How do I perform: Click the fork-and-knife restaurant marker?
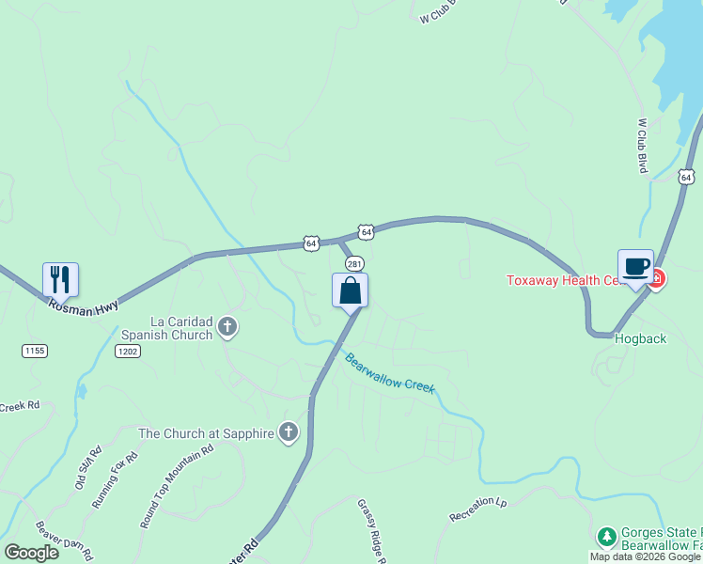[60, 279]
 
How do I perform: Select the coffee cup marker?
[635, 266]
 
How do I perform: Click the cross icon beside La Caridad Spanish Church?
[227, 327]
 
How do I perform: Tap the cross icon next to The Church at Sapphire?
[288, 432]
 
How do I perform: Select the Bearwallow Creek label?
[389, 373]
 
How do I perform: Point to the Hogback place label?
[640, 337]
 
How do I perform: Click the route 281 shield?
[353, 263]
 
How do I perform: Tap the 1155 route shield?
[34, 350]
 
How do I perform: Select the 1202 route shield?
[127, 351]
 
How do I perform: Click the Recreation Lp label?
[477, 509]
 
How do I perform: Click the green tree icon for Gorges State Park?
[606, 536]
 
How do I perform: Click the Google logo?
[31, 553]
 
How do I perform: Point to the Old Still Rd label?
[86, 468]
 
